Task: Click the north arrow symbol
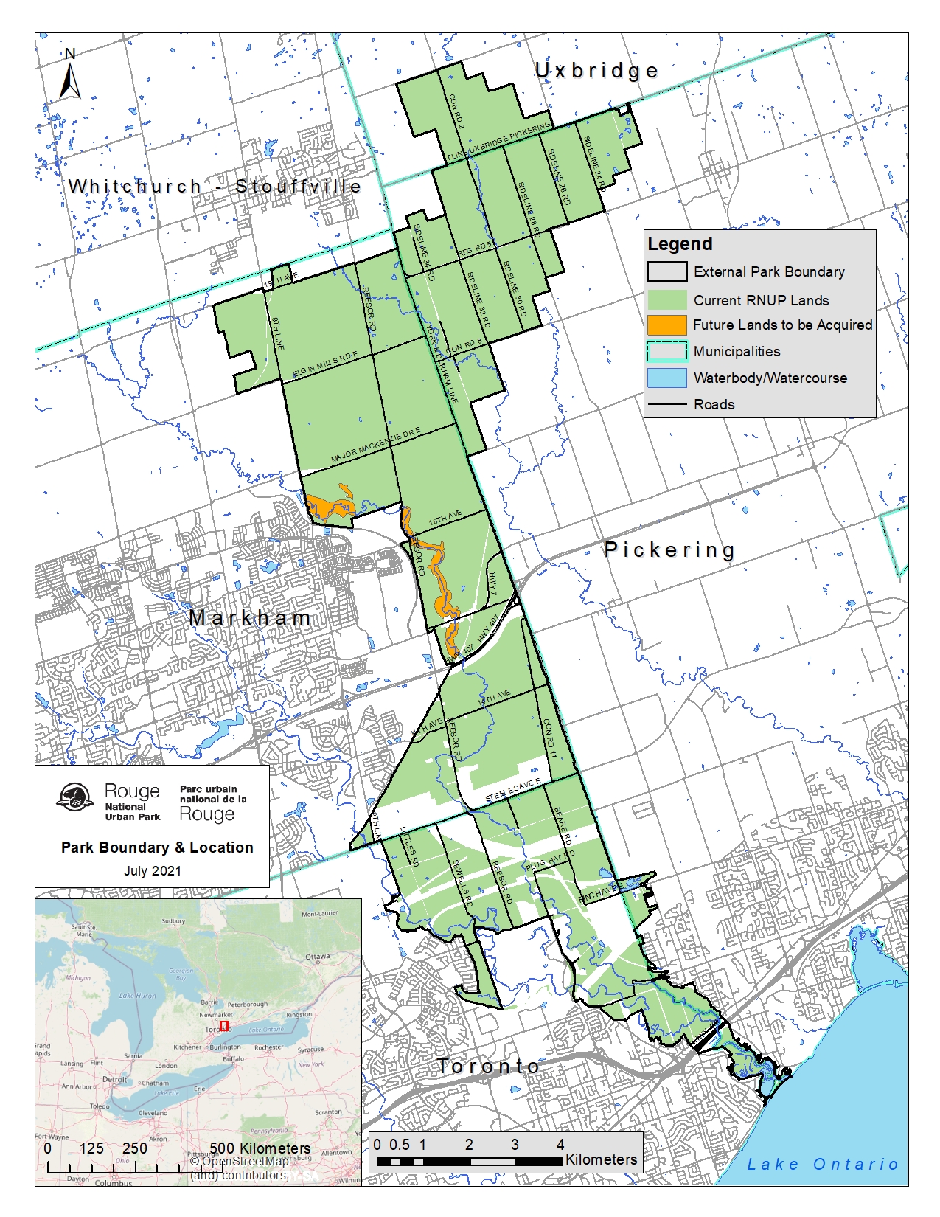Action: [70, 77]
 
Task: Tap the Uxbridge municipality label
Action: [596, 71]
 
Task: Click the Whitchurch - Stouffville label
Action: [215, 187]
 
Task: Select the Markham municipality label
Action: [250, 618]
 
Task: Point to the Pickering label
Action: [669, 549]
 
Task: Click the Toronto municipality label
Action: [488, 1067]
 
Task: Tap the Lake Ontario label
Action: [822, 1165]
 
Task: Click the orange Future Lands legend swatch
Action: [666, 325]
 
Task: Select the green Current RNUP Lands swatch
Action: [666, 300]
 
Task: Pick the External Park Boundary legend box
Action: [666, 272]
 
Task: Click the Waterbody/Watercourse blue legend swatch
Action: [666, 378]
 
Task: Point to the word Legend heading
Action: [680, 244]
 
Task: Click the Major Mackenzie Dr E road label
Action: [375, 445]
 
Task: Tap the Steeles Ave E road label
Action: [513, 791]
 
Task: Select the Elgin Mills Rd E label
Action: [325, 365]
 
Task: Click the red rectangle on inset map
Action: [223, 1026]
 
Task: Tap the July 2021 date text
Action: [152, 871]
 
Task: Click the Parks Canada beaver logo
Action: [74, 797]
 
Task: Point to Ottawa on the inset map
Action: [318, 957]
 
